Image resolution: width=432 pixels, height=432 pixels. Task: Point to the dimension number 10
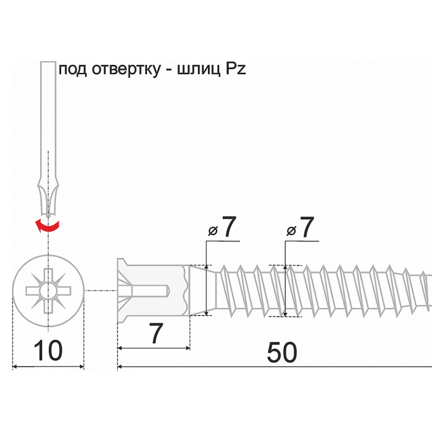point(48,351)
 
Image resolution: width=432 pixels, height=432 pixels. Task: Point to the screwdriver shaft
point(48,111)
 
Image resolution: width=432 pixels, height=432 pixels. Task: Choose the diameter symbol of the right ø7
point(291,231)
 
